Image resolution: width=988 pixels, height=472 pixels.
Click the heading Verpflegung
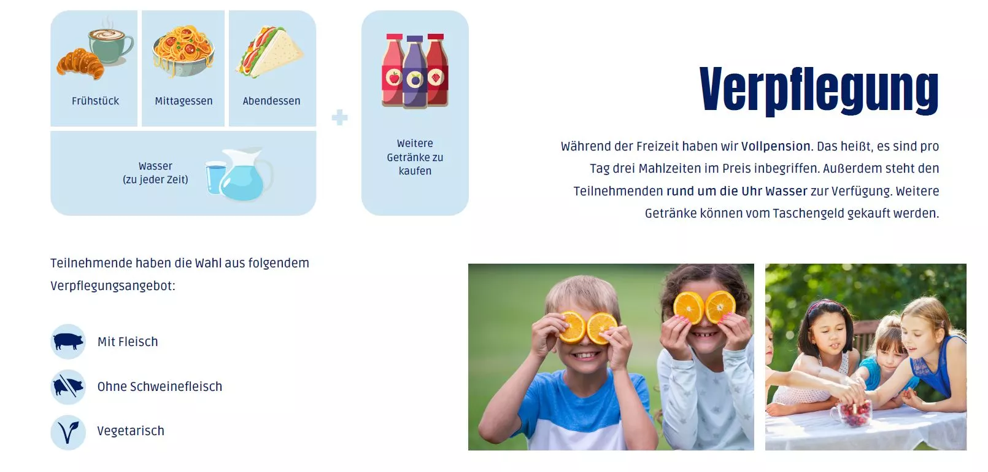pos(819,90)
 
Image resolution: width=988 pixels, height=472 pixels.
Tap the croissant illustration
pos(80,65)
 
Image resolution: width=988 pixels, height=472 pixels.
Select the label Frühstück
pos(95,101)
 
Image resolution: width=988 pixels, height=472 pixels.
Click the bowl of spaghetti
pos(183,51)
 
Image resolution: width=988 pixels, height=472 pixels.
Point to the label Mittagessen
pos(183,101)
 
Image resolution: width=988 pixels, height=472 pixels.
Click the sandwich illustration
pos(269,52)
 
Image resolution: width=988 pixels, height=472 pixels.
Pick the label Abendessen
pos(271,101)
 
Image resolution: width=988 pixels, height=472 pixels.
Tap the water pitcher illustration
pos(246,174)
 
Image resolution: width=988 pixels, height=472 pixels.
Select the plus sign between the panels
pos(339,117)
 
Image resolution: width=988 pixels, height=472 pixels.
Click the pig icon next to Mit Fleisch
pos(68,341)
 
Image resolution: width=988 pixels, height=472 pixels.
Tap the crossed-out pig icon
pos(68,387)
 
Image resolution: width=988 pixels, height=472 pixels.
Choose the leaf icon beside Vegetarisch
pos(68,432)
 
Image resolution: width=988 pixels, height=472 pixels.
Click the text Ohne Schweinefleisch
pos(160,387)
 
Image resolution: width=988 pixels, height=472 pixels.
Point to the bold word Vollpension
pos(776,147)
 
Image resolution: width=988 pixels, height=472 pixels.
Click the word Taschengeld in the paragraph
pos(808,214)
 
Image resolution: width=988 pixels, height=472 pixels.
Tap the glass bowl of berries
pos(851,413)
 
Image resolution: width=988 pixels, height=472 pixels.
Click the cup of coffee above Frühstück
pos(110,46)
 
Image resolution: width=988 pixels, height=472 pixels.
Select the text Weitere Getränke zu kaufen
pos(415,157)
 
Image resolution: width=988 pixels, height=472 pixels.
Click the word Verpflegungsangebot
pos(112,286)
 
